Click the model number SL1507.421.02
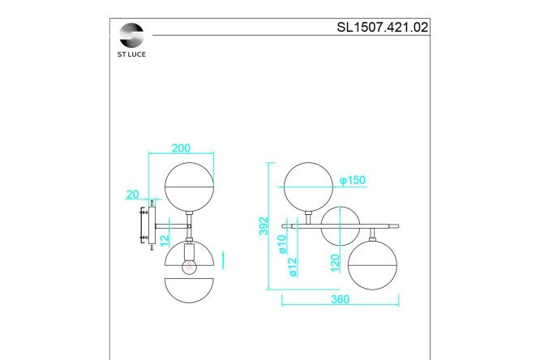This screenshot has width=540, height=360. pyautogui.click(x=382, y=28)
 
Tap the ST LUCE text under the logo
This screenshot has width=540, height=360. pyautogui.click(x=131, y=54)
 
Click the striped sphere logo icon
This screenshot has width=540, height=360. pyautogui.click(x=131, y=35)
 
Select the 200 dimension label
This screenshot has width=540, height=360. pyautogui.click(x=181, y=148)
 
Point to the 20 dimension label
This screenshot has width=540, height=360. pyautogui.click(x=133, y=195)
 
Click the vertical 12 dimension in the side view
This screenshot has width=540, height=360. pyautogui.click(x=165, y=238)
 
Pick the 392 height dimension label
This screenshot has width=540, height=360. pyautogui.click(x=264, y=226)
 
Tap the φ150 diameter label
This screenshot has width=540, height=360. pyautogui.click(x=353, y=180)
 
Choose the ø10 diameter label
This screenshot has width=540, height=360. pyautogui.click(x=282, y=244)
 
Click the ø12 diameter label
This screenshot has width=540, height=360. pyautogui.click(x=293, y=267)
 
